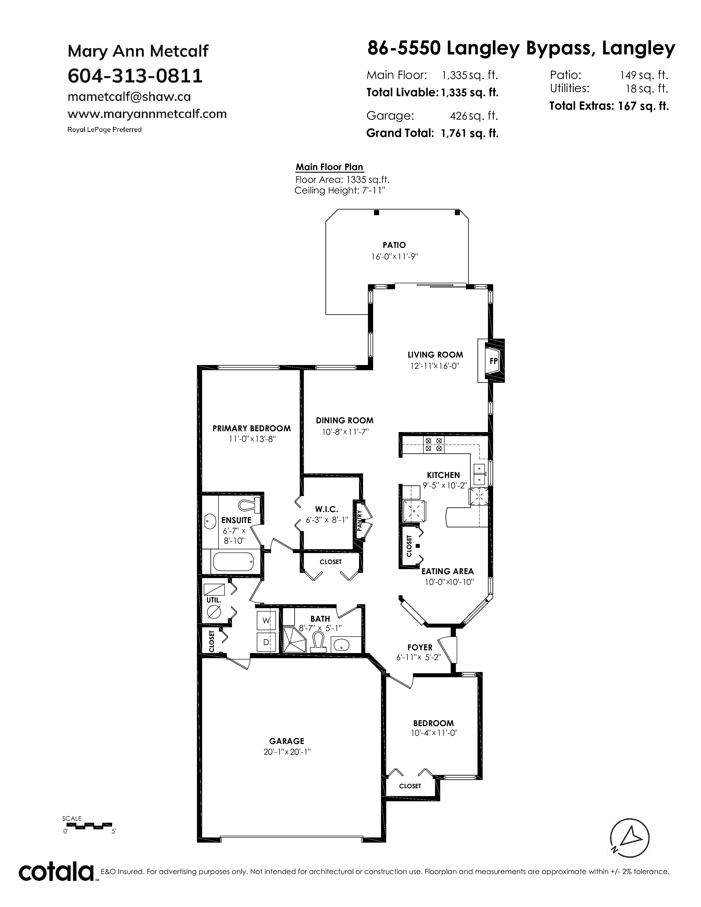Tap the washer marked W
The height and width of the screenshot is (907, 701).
pyautogui.click(x=266, y=620)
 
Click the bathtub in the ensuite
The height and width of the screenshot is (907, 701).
pyautogui.click(x=233, y=562)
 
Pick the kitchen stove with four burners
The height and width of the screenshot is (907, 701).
pyautogui.click(x=434, y=444)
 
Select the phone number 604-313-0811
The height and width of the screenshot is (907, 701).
pyautogui.click(x=135, y=76)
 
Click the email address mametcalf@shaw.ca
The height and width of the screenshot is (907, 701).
pyautogui.click(x=129, y=97)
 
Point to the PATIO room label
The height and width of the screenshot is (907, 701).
pyautogui.click(x=394, y=245)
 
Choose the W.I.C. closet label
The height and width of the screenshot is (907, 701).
pyautogui.click(x=326, y=509)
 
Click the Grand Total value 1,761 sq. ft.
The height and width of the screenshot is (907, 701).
pyautogui.click(x=470, y=133)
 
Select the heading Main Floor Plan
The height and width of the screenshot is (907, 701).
pyautogui.click(x=329, y=167)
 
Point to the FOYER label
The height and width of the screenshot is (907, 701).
pyautogui.click(x=420, y=647)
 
